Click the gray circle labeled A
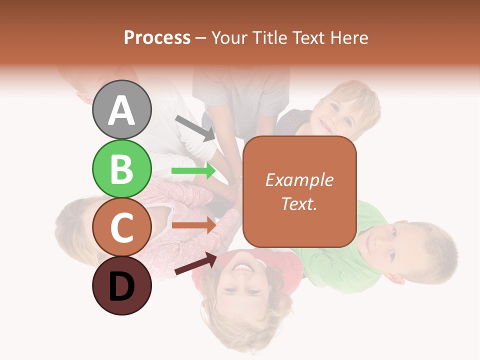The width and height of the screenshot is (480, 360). click(x=121, y=109)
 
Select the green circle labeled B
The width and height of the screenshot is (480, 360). click(x=121, y=169)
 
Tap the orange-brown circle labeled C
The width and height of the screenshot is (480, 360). click(x=121, y=227)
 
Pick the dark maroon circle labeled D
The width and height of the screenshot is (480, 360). click(x=121, y=285)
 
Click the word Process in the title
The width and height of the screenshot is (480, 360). click(x=157, y=37)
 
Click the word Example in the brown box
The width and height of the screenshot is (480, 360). click(x=299, y=180)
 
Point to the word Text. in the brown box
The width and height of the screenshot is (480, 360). click(x=299, y=203)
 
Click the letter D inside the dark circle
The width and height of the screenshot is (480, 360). click(x=121, y=287)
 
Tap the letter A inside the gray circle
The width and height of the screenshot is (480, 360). click(x=121, y=111)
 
